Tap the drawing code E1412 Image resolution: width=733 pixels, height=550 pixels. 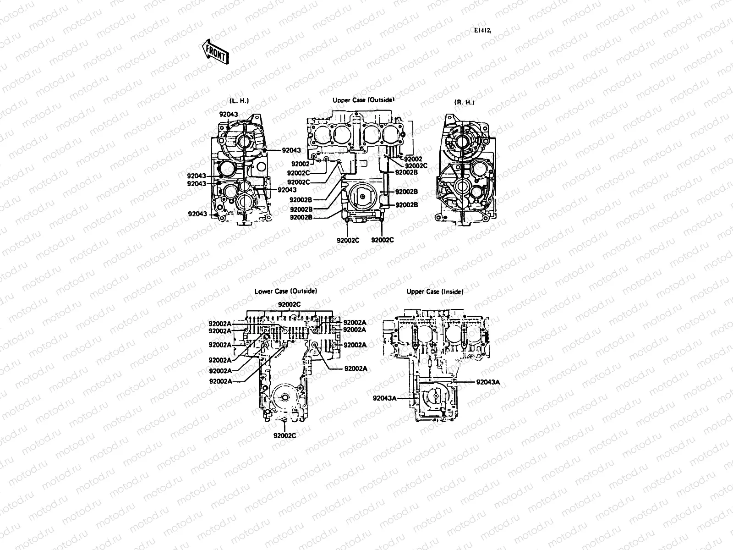tap(482, 31)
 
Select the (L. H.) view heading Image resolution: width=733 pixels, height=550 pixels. tap(239, 101)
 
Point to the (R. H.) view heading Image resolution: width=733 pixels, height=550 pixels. tap(464, 103)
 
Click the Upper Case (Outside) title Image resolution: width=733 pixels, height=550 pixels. tap(363, 99)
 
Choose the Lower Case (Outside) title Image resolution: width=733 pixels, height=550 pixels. tap(286, 291)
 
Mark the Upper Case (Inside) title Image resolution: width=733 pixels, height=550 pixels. tap(435, 291)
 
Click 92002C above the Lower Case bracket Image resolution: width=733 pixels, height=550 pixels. tap(290, 304)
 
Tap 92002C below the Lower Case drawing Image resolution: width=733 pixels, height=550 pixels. tap(284, 435)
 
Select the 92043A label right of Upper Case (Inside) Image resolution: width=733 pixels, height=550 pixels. tap(488, 382)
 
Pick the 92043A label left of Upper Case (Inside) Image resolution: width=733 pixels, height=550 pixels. tap(384, 398)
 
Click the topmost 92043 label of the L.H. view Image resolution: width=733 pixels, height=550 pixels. tap(228, 114)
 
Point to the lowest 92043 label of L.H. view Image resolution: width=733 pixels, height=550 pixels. tap(197, 214)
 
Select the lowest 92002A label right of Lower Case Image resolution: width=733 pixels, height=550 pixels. tap(356, 368)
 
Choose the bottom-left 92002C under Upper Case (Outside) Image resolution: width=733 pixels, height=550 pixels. tap(348, 240)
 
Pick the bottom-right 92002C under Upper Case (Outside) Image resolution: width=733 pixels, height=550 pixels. tap(382, 240)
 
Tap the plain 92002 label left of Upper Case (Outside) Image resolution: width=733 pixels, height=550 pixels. tap(301, 164)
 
